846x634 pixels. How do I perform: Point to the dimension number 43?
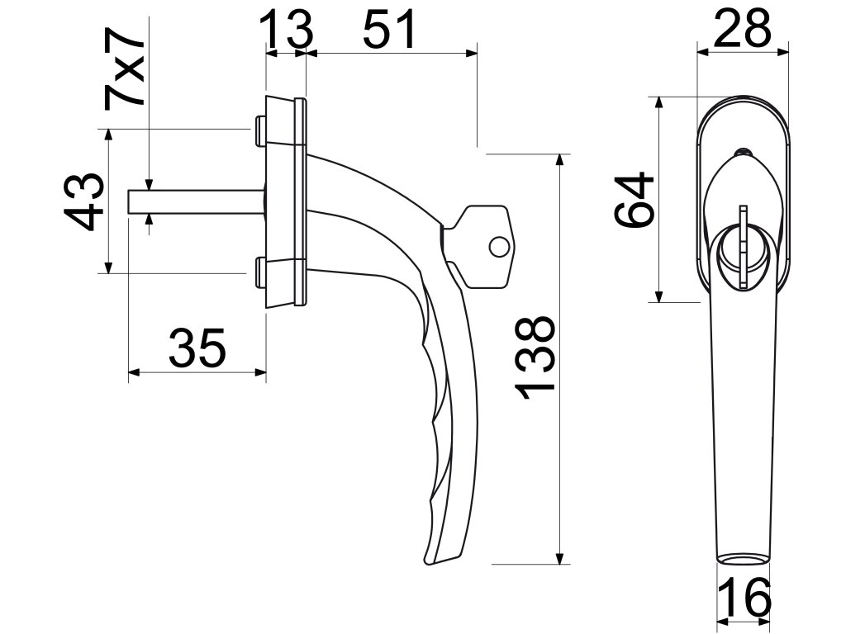(x=83, y=201)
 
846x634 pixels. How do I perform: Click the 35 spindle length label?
(x=197, y=348)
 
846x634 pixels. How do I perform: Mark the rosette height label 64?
(x=634, y=200)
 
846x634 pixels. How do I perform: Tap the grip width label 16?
(x=744, y=598)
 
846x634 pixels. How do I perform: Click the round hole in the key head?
(x=499, y=247)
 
